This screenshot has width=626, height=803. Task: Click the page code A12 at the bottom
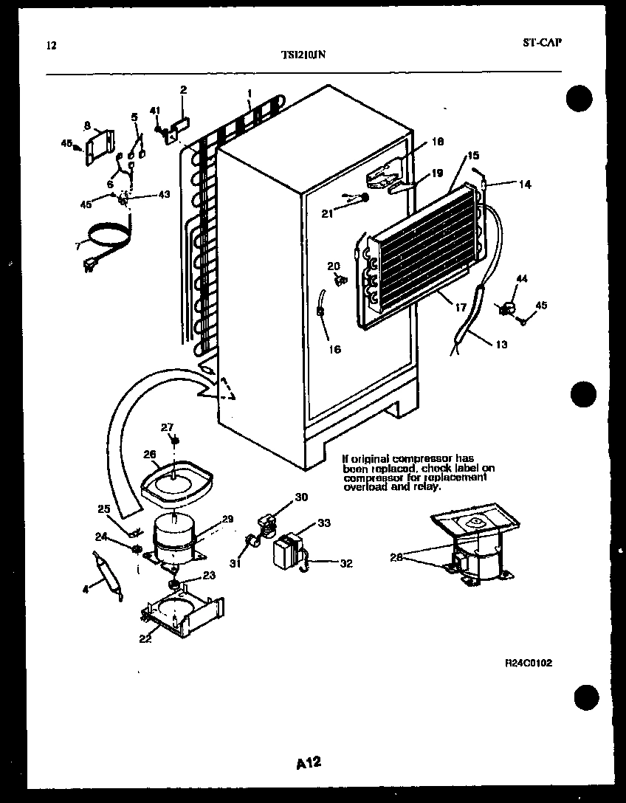(x=310, y=762)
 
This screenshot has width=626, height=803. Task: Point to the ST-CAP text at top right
(x=542, y=42)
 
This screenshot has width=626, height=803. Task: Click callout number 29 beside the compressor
(x=227, y=520)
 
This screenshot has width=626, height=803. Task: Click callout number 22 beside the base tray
(x=145, y=639)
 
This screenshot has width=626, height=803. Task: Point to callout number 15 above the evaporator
(x=473, y=156)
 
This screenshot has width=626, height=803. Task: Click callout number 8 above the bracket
(x=87, y=125)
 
